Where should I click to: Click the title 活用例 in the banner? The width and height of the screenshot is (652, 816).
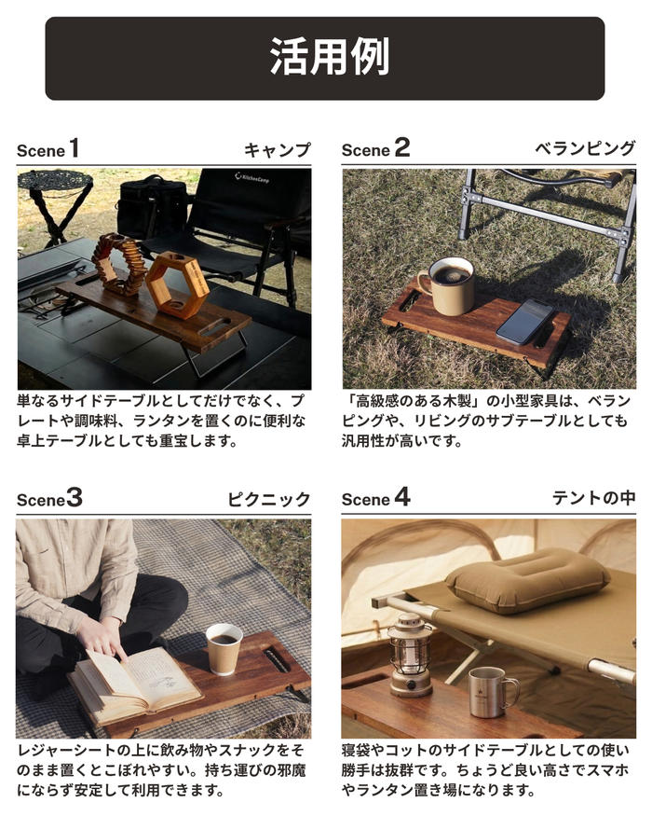point(329,57)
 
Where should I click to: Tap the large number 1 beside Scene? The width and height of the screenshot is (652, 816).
point(75,147)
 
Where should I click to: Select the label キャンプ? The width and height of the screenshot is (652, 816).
point(278,150)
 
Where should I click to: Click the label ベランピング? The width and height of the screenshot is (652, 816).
point(585,149)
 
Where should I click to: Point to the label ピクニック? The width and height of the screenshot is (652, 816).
point(269,499)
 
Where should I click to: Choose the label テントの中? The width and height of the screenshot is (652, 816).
point(593,498)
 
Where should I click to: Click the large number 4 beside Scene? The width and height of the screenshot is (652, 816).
point(401,496)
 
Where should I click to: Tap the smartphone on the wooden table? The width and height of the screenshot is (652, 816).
point(525,322)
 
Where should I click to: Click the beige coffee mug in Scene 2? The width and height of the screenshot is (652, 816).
point(447,285)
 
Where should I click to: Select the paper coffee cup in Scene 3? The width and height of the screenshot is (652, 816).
point(224,649)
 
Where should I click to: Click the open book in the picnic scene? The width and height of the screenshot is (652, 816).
point(133,683)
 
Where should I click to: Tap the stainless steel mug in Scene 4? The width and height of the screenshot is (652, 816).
point(492,693)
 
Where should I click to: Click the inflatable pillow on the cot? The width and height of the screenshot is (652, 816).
point(528,581)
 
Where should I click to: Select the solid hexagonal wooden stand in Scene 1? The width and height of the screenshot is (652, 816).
point(177,285)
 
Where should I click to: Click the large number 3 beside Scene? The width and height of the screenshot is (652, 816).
point(75,498)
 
